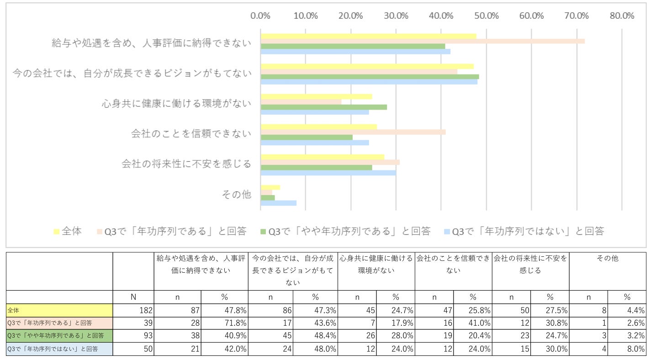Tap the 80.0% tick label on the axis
[x=622, y=16]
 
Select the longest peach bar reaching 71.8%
[x=423, y=41]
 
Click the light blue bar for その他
[x=279, y=203]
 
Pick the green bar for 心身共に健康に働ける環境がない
[x=324, y=107]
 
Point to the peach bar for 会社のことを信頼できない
[x=353, y=132]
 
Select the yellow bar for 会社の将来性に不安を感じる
[x=322, y=157]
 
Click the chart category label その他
[x=236, y=195]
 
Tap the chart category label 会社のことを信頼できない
[x=191, y=133]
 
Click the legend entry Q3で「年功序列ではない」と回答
[x=524, y=231]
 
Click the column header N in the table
[x=133, y=297]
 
